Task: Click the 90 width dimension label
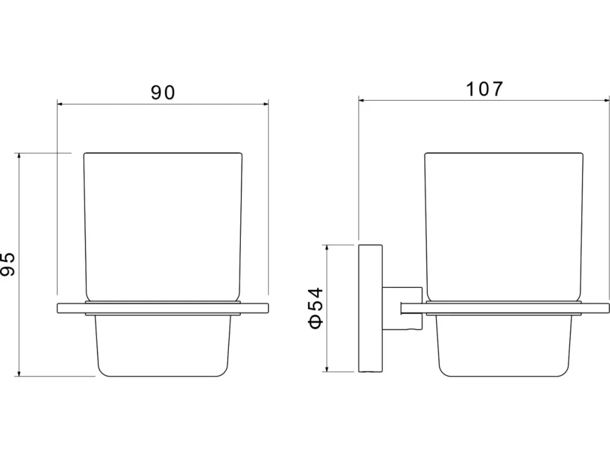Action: click(x=163, y=92)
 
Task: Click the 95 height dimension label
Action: click(x=8, y=264)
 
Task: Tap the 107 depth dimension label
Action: click(x=484, y=89)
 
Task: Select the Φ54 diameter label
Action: click(x=316, y=308)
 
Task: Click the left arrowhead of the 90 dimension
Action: click(x=61, y=104)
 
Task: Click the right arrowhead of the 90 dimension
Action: click(x=265, y=104)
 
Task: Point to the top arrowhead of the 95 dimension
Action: click(x=18, y=157)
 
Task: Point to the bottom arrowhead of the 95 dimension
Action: click(x=18, y=373)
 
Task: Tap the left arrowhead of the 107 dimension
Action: click(x=362, y=101)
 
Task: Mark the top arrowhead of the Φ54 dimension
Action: click(x=327, y=249)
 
